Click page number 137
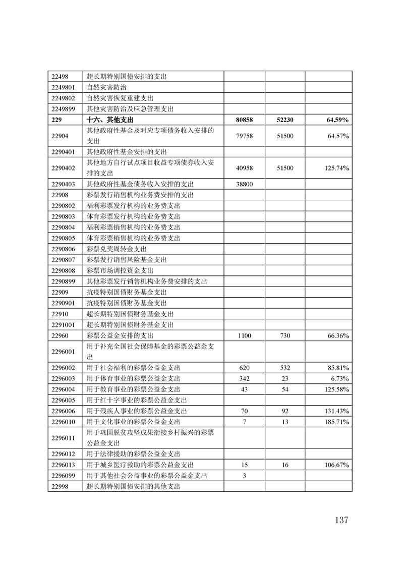coord(341,520)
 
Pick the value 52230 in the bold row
coord(284,120)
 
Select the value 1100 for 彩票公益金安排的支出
coord(244,335)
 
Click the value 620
coord(244,368)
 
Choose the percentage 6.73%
coord(340,378)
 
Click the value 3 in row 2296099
coord(244,475)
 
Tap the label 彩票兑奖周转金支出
coord(117,249)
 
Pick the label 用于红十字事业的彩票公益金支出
coord(137,400)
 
